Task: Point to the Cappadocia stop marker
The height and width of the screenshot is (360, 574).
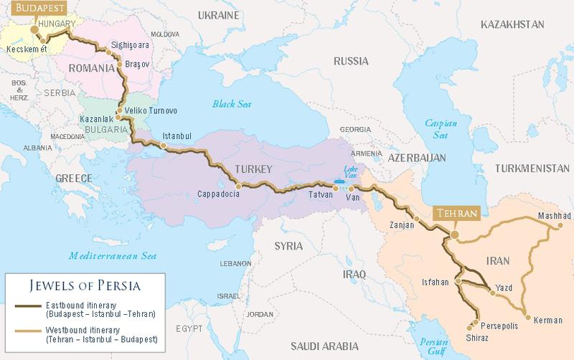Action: (239, 184)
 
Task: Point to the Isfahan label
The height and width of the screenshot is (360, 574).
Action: (435, 283)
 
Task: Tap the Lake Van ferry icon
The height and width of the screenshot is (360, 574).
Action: (338, 181)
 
